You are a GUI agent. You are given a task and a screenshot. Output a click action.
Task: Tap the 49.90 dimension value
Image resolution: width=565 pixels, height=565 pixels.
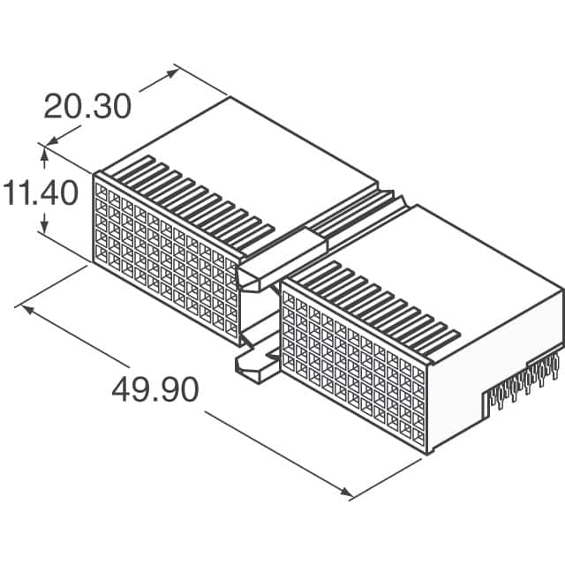click(x=155, y=390)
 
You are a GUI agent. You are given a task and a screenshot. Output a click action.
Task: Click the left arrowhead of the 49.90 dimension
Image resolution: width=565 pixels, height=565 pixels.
click(x=26, y=309)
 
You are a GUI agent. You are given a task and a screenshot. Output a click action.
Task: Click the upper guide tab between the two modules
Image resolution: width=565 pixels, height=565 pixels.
click(x=265, y=265)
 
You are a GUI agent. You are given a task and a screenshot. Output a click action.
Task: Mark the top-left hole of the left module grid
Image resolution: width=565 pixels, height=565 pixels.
click(x=100, y=190)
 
